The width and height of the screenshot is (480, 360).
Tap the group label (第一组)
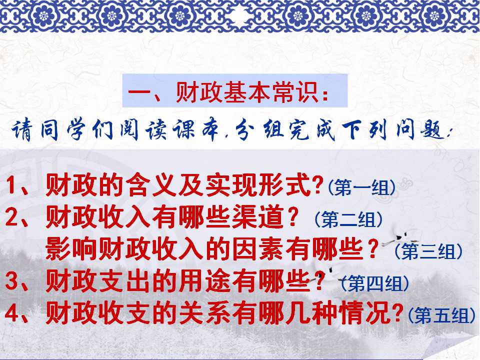[361, 187]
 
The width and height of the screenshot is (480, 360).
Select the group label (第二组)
[348, 219]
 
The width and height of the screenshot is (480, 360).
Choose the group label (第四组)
[375, 283]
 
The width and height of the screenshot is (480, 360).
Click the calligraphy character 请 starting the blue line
[21, 130]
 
